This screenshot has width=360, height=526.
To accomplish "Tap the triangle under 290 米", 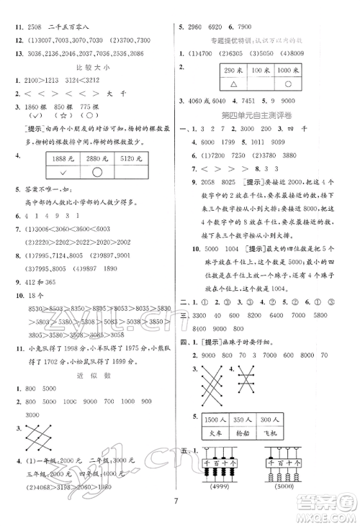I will coord(232,82).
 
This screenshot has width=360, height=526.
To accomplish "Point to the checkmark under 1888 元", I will coord(68,173).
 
